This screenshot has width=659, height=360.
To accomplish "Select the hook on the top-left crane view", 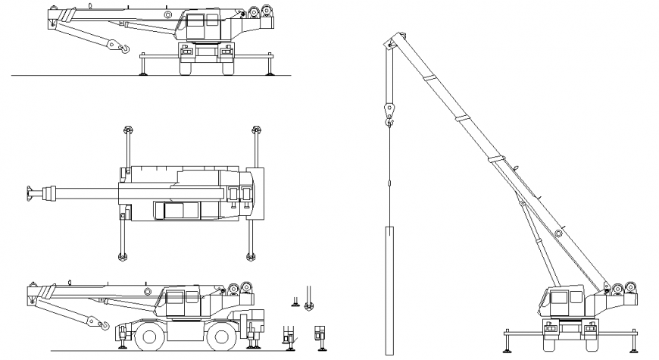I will point(118,48).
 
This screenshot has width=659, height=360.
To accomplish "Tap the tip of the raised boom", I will point(392,42).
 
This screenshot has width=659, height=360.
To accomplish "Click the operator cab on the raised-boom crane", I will point(561,302).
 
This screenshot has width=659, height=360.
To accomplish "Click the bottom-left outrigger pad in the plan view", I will point(120,256).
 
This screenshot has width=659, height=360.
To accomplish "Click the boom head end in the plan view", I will point(32,193).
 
